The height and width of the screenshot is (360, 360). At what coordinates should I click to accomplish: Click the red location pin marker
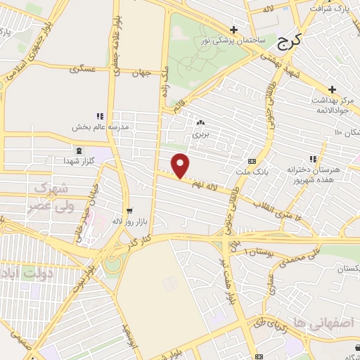point(181,166)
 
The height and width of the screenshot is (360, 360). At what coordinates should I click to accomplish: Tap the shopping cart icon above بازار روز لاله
point(129,211)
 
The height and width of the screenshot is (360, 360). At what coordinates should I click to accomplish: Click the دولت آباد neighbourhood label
point(21,273)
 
